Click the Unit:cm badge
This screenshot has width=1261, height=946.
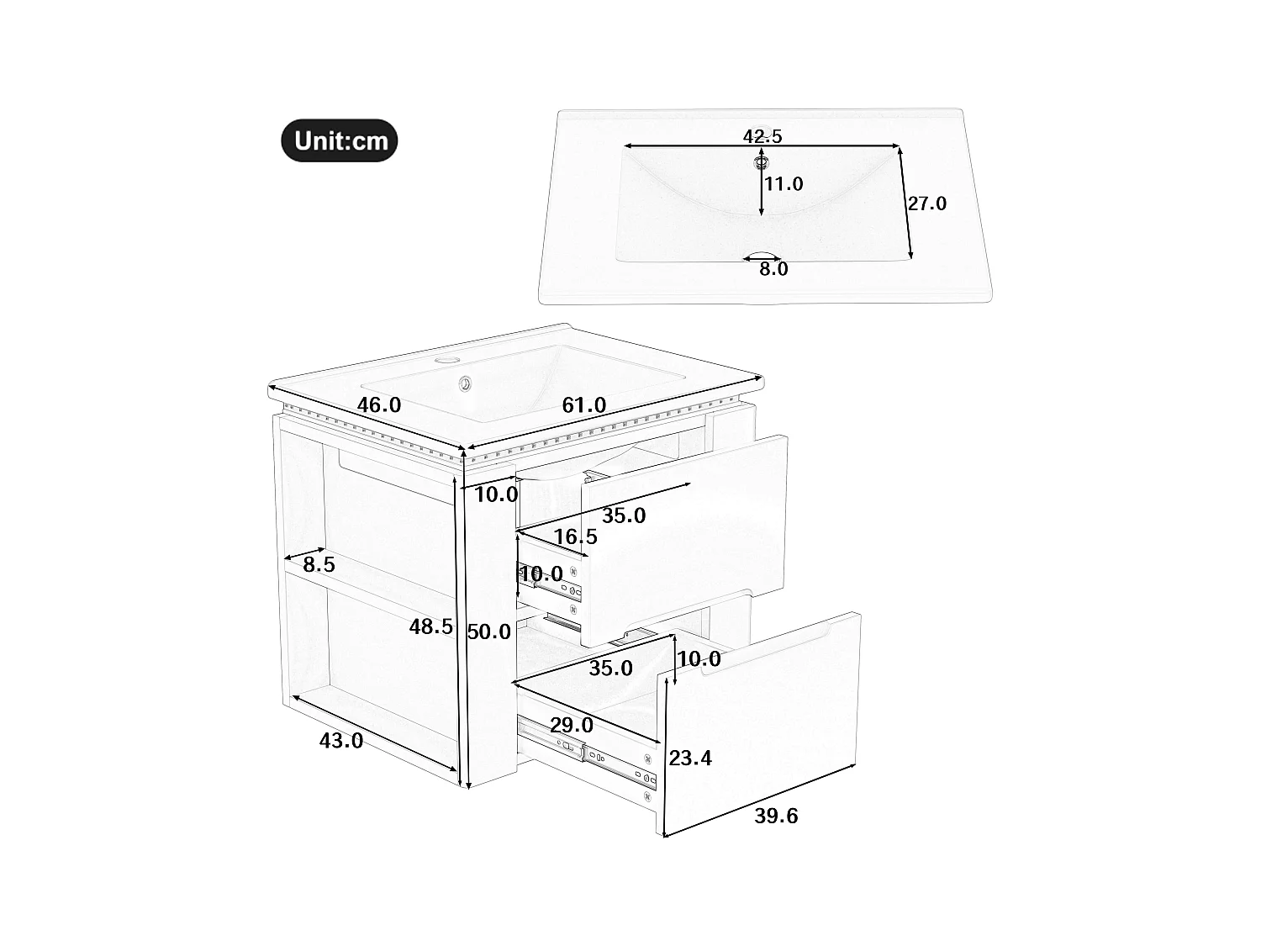coord(339,140)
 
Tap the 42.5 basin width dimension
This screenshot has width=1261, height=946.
coord(762,135)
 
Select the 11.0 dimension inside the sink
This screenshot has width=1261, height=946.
coord(784,183)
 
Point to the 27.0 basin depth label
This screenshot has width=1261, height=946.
coord(926,203)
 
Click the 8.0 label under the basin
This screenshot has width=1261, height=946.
coord(773,269)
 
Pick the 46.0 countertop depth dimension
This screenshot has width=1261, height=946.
coord(379,404)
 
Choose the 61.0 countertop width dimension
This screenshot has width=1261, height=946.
coord(583,405)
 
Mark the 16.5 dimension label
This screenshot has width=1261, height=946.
coord(575,536)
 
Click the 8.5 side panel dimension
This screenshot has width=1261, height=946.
coord(319,565)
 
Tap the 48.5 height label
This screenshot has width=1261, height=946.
coord(431,626)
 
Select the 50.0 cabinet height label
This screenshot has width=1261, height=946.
coord(489,632)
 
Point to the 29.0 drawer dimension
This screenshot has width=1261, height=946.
coord(571,725)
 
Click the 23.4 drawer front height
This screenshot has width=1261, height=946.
coord(690,758)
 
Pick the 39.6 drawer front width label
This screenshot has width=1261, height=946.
coord(775,816)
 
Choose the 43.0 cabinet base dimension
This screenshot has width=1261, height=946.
coord(341,741)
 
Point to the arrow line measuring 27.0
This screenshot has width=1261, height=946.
coord(905,203)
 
